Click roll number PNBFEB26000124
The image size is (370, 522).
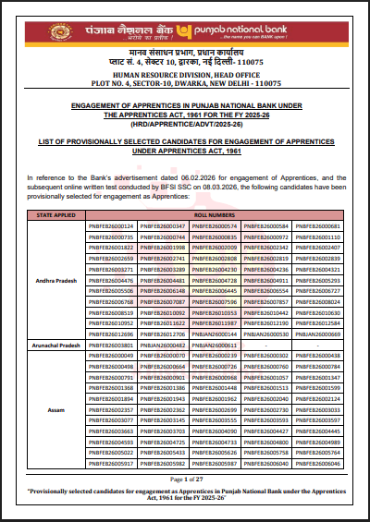coord(112,225)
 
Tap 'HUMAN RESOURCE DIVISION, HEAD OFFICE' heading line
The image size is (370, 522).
coord(185,73)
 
